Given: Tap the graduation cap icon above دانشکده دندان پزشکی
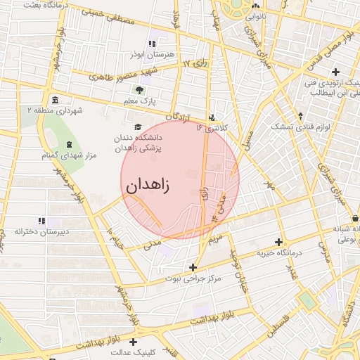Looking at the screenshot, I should pyautogui.click(x=138, y=127).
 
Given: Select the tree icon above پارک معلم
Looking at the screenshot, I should pyautogui.click(x=139, y=89).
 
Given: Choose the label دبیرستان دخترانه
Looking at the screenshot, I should pyautogui.click(x=42, y=231).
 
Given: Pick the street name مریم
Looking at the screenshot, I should pyautogui.click(x=216, y=239).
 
